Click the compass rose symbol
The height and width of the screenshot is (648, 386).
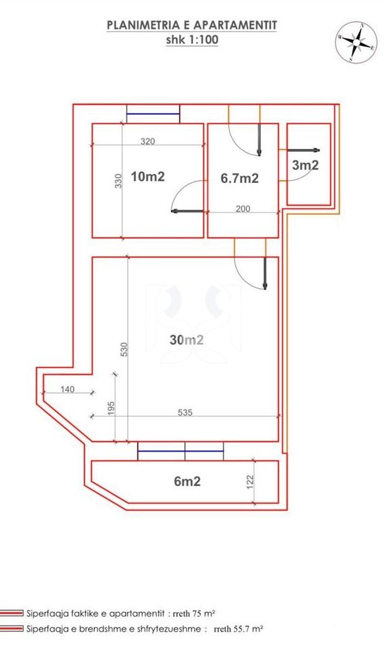tap(355, 43)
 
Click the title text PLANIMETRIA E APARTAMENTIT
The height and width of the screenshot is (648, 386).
tap(192, 26)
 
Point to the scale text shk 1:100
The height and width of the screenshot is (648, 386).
tap(192, 39)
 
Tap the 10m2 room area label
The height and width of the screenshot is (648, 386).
tap(148, 177)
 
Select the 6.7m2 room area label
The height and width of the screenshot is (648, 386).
tap(240, 178)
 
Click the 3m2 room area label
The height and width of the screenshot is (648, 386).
tap(306, 165)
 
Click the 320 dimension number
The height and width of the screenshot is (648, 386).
tap(147, 142)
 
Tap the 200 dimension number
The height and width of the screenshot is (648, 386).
tap(243, 209)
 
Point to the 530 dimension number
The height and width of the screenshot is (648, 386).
tap(123, 348)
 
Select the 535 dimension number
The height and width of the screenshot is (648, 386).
tap(185, 412)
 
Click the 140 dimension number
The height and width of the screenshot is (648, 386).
tap(68, 389)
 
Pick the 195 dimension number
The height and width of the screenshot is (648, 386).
tap(112, 408)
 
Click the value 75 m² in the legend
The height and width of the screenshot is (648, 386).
tap(202, 614)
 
